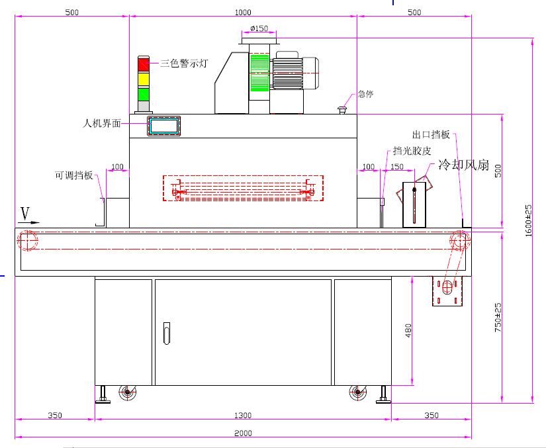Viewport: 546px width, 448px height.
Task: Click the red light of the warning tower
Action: (144, 64)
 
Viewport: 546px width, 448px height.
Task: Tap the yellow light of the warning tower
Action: (144, 79)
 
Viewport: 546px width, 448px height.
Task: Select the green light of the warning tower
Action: (144, 94)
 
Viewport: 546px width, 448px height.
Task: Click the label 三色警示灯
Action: (185, 64)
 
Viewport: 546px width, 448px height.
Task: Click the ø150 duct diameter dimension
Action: (259, 28)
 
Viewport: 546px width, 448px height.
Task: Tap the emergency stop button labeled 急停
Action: (343, 109)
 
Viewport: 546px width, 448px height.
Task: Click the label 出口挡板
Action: (431, 134)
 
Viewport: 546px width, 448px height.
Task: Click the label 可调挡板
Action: (73, 176)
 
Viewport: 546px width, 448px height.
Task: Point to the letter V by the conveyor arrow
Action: (26, 213)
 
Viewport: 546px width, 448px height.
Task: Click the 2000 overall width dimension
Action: (243, 433)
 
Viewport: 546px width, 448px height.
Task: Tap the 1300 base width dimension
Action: (243, 415)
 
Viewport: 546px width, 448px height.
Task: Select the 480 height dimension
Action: (408, 330)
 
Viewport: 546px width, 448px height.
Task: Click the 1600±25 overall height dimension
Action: (528, 220)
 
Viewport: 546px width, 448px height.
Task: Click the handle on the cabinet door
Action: (166, 332)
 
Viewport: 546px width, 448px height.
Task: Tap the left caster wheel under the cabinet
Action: (126, 393)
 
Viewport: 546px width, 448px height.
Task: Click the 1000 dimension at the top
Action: (243, 12)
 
